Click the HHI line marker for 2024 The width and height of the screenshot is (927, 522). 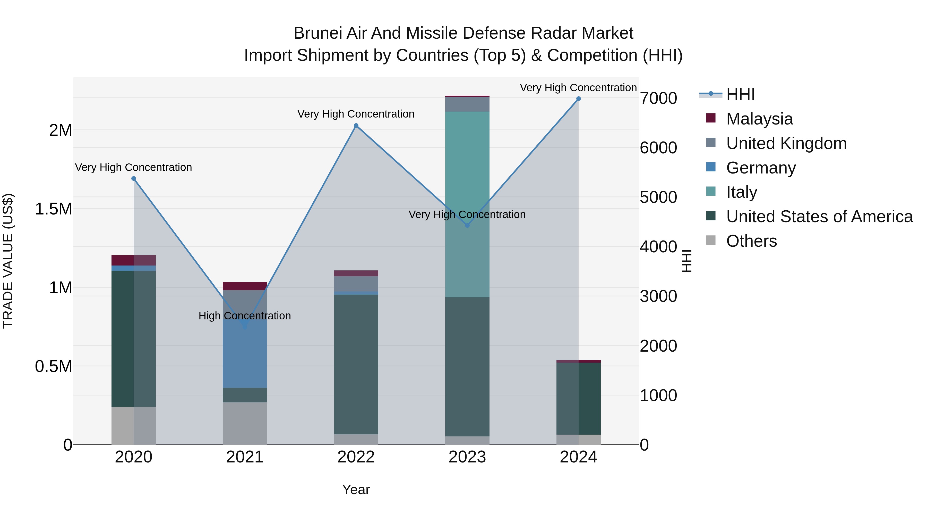click(x=578, y=99)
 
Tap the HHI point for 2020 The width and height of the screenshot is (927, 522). click(x=133, y=179)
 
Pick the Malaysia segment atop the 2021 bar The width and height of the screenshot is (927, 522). click(x=245, y=286)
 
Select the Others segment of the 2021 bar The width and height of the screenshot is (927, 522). click(x=245, y=423)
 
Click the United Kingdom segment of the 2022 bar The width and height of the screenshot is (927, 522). click(x=356, y=284)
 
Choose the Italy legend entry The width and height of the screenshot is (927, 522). click(x=741, y=192)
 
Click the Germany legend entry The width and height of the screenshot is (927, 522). click(x=761, y=168)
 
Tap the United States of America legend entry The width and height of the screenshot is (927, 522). click(x=819, y=217)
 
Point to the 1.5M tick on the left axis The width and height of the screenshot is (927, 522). click(x=54, y=209)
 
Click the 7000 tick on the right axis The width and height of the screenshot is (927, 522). click(x=658, y=98)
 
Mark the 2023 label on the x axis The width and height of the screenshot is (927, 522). click(x=467, y=457)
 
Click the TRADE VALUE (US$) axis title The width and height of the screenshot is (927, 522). click(x=8, y=261)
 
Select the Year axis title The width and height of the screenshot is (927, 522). click(x=356, y=490)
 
